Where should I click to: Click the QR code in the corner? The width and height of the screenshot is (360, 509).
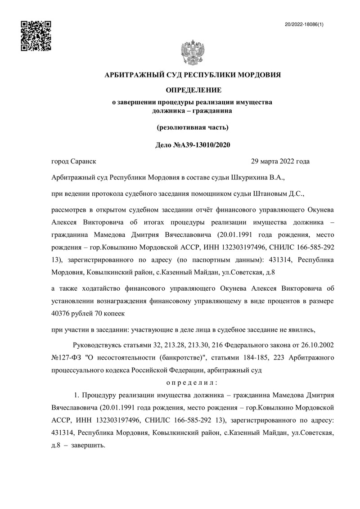(x=36, y=36)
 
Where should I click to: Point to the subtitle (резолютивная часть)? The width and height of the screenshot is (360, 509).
(x=193, y=127)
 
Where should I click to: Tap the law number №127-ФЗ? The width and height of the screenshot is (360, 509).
(x=69, y=358)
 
